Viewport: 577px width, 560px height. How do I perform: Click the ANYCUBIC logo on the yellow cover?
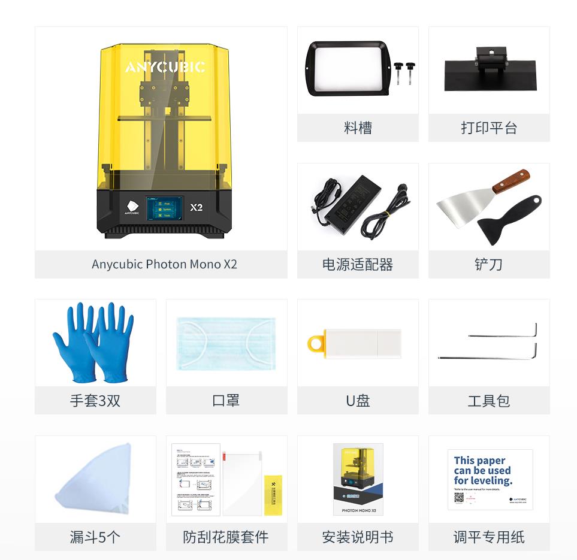(165, 67)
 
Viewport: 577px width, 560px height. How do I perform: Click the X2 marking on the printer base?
(196, 207)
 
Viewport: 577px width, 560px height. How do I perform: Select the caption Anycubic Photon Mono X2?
(164, 264)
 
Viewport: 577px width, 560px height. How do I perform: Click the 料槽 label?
(358, 128)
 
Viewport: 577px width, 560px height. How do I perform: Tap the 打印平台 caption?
(488, 128)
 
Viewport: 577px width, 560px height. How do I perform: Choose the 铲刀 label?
(488, 264)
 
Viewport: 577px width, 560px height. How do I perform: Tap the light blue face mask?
(226, 343)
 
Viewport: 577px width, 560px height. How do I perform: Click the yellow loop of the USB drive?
(316, 344)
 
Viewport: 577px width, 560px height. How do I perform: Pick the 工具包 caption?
(488, 401)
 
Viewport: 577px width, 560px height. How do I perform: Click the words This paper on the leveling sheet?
(479, 461)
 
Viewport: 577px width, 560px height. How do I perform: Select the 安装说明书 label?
(358, 537)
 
